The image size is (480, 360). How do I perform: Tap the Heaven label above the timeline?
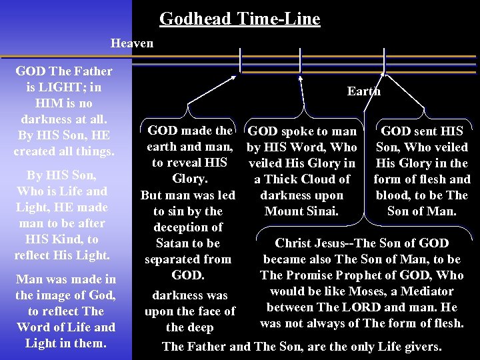(x=132, y=43)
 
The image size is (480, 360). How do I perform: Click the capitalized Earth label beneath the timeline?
(x=363, y=91)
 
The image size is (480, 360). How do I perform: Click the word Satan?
(x=173, y=243)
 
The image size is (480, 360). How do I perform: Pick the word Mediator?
(x=427, y=291)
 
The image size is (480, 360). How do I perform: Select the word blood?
(x=396, y=195)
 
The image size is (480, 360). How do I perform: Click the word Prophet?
(x=339, y=275)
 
